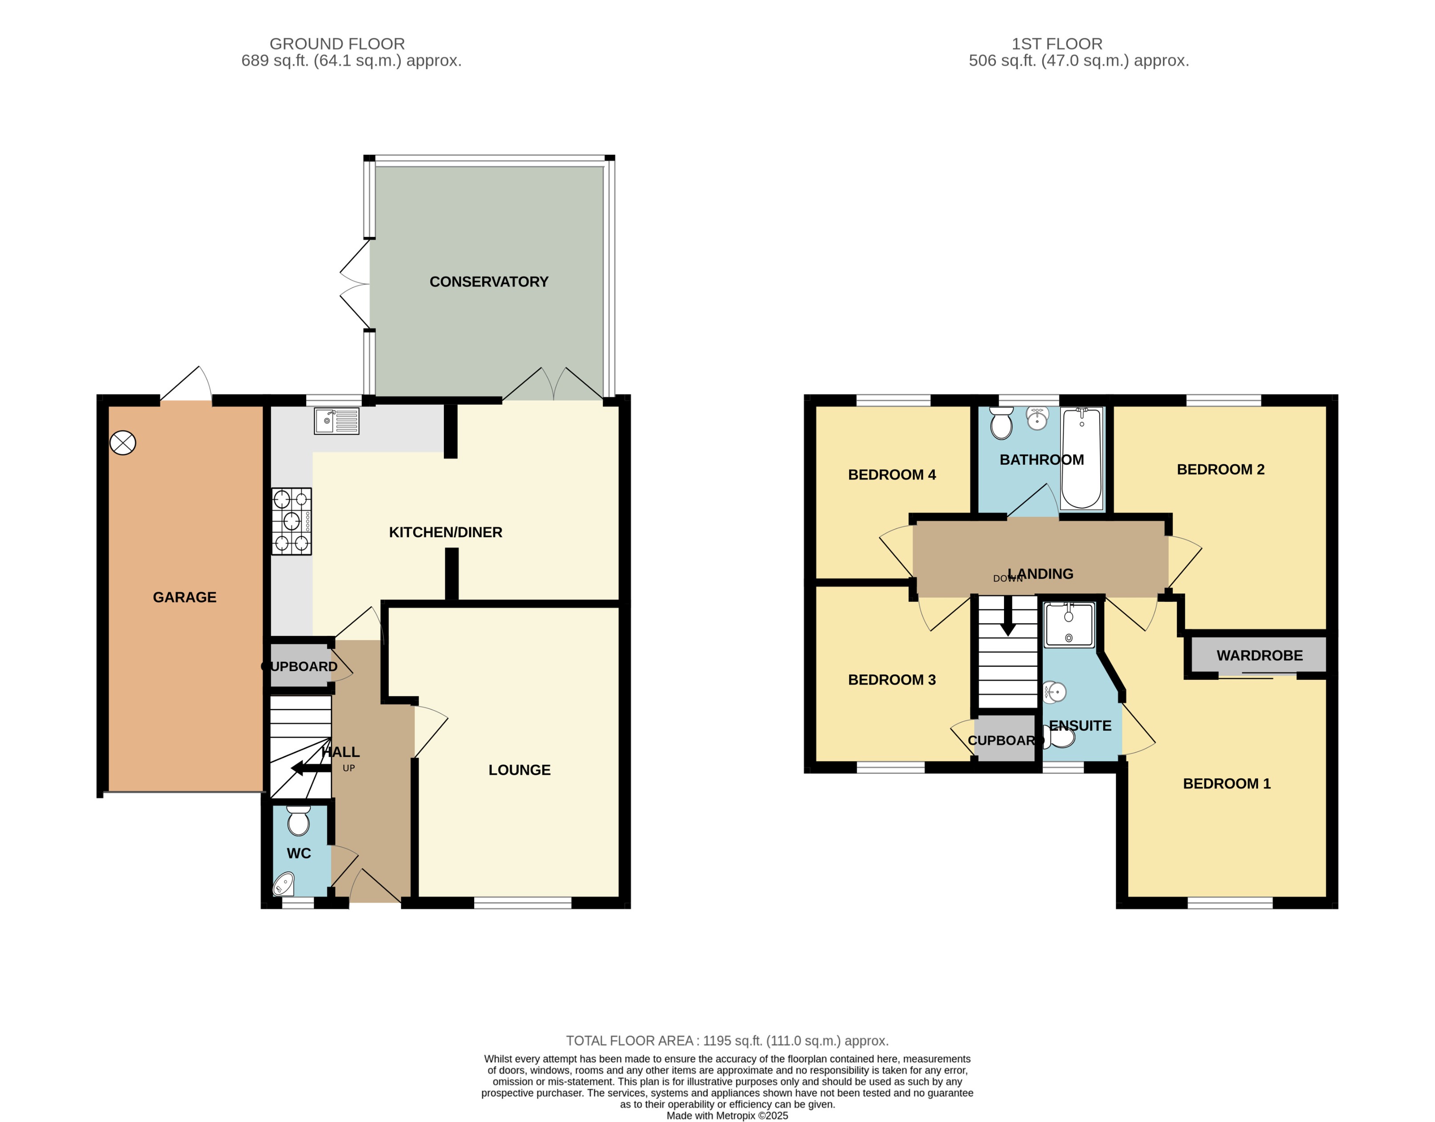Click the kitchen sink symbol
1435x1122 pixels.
coord(337,421)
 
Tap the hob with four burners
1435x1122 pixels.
coord(292,521)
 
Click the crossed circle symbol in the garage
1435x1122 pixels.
coord(123,443)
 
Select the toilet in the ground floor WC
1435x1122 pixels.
coord(298,821)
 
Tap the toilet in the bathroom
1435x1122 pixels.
coord(1001,423)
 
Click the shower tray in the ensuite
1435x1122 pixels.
coord(1069,624)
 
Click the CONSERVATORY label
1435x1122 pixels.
coord(489,282)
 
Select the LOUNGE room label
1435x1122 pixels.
coord(519,770)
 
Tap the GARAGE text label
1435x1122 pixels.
coord(185,597)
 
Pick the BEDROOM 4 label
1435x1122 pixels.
coord(892,474)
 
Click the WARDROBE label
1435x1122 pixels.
coord(1259,655)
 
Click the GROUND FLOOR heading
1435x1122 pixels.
coord(337,44)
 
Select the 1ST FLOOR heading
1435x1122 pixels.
coord(1057,44)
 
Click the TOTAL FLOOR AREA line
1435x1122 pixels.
coord(727,1041)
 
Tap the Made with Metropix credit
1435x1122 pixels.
coord(727,1115)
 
